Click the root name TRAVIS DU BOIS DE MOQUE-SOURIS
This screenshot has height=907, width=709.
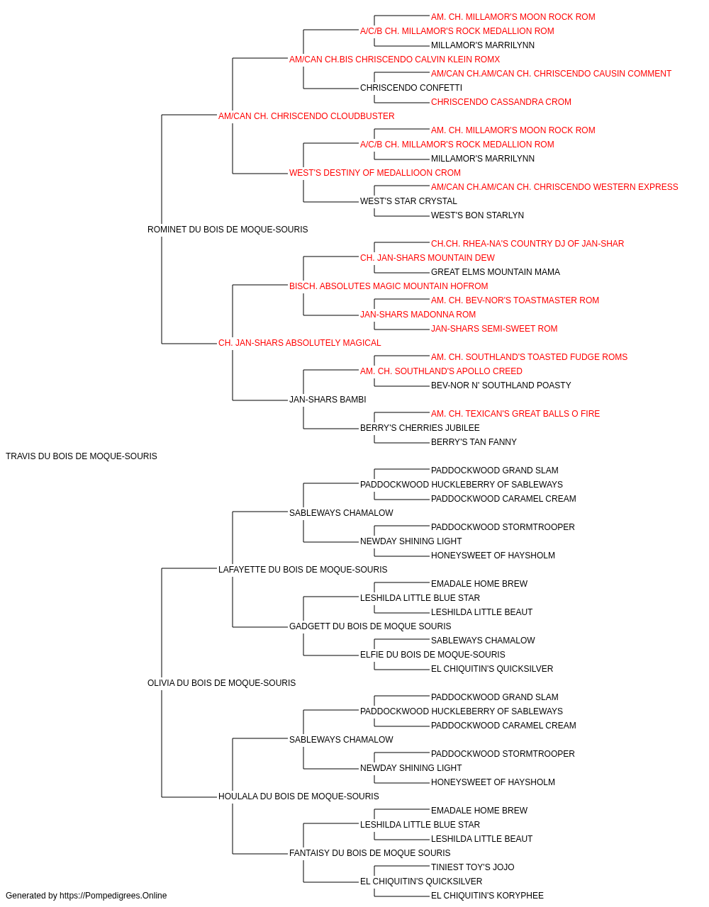point(82,456)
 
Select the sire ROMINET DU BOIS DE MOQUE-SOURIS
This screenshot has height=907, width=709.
point(228,229)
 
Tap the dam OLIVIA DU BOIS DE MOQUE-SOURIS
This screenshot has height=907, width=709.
point(221,683)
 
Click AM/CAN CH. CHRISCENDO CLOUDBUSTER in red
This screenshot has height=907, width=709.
point(306,116)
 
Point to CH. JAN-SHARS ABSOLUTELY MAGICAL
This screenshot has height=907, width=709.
point(299,343)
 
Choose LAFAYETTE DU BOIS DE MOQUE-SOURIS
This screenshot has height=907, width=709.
point(303,569)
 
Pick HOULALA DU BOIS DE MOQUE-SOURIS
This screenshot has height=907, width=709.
point(298,796)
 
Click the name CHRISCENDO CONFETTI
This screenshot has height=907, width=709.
point(411,88)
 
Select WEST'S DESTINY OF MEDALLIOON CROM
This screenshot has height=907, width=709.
point(375,173)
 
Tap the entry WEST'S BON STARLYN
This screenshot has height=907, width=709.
point(477,215)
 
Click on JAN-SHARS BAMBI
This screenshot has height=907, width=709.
point(328,400)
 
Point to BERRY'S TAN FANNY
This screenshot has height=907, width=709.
point(474,442)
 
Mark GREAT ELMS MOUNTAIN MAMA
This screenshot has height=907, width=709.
point(495,271)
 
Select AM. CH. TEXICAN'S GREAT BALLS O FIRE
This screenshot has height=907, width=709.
point(515,414)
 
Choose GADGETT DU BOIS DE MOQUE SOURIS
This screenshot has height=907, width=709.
point(370,626)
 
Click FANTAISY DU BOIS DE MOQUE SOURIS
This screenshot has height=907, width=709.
point(369,852)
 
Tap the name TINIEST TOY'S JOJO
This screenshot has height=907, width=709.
point(472,867)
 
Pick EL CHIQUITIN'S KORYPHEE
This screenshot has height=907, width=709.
point(487,896)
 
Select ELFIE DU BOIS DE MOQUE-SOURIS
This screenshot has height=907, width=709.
point(432,655)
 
